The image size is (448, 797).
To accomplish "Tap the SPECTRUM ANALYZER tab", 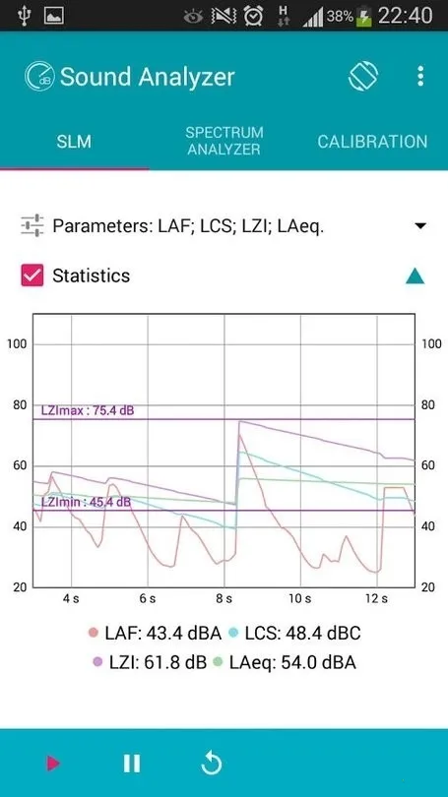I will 224,141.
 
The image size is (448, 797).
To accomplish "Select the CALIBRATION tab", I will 372,142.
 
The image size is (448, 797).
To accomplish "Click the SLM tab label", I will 74,142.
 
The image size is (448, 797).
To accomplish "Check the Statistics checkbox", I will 32,276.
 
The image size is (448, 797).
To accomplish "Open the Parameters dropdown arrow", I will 420,226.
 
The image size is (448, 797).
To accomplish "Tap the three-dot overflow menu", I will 420,77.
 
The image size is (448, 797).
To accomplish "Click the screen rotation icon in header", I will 363,77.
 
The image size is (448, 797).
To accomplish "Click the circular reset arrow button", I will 209,763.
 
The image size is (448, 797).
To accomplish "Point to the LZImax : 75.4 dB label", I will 88,410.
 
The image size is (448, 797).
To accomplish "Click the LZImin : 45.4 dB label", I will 86,502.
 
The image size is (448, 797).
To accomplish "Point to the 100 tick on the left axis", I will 17,343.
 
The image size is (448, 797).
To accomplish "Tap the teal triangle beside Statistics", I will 416,276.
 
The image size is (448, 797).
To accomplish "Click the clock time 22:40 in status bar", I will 406,16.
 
